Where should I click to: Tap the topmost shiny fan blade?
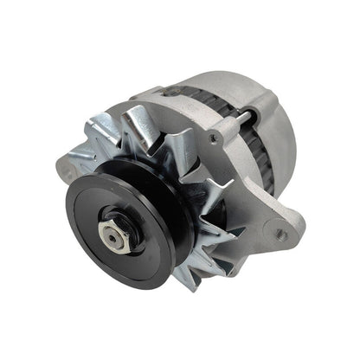(x=139, y=120)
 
